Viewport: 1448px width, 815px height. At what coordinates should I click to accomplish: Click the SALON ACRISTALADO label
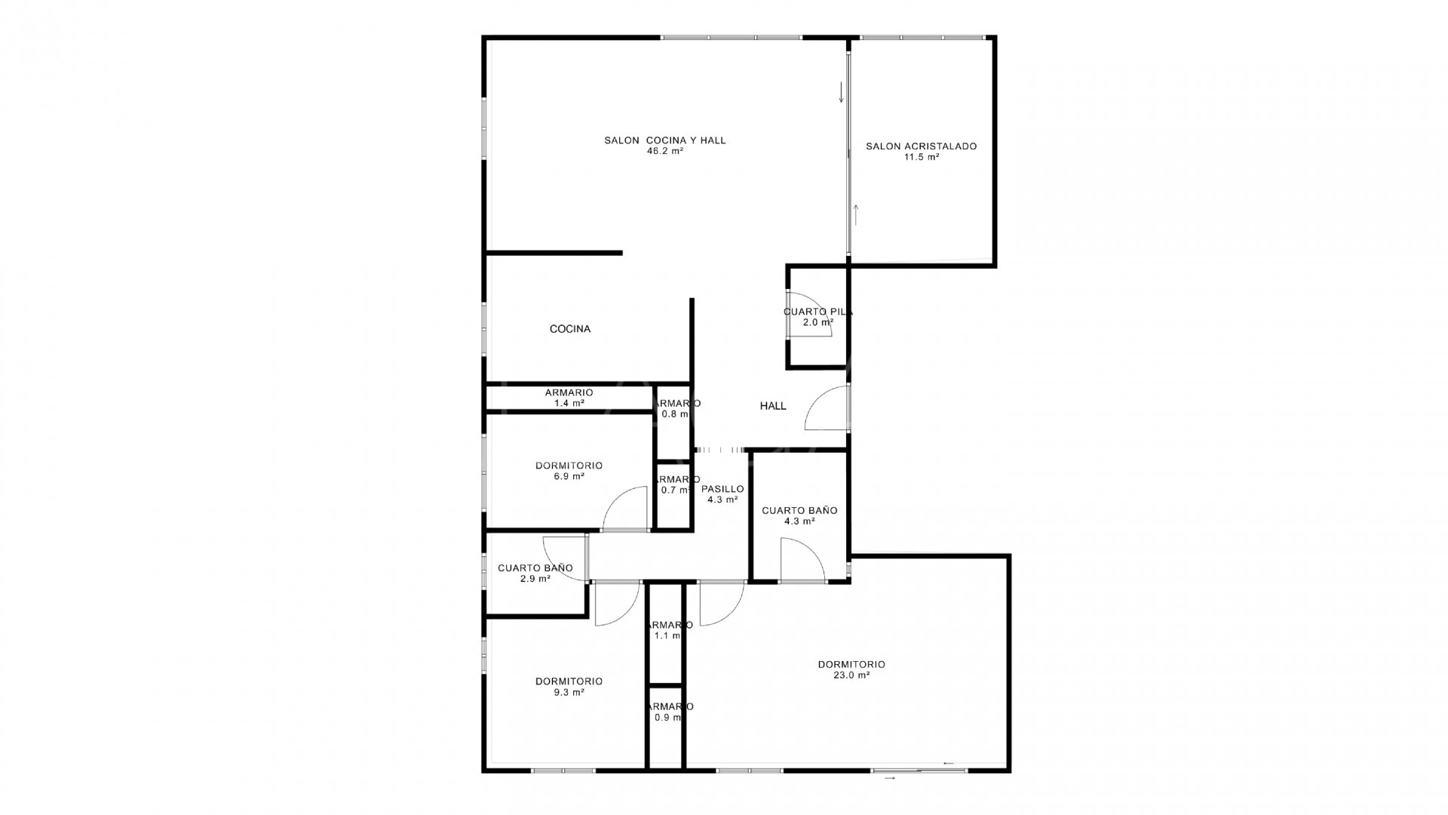click(x=921, y=146)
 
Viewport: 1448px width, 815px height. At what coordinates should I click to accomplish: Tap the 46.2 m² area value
click(x=664, y=151)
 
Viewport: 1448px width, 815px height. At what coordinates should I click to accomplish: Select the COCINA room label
click(x=569, y=329)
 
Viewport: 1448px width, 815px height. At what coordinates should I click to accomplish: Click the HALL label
click(x=772, y=406)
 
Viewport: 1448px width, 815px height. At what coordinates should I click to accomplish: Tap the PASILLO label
click(x=722, y=489)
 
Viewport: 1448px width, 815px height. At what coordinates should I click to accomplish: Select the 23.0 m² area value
click(x=851, y=676)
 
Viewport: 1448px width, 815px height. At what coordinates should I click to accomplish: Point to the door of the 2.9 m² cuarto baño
click(x=564, y=558)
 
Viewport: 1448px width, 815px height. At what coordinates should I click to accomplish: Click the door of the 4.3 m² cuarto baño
click(x=802, y=560)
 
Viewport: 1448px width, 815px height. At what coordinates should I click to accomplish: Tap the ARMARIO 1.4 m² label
click(x=569, y=398)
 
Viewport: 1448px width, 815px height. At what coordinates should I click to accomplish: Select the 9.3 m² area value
click(x=569, y=693)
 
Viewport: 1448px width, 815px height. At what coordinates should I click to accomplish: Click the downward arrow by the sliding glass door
click(x=841, y=92)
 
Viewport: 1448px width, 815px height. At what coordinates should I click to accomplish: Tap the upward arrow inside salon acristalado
click(x=856, y=214)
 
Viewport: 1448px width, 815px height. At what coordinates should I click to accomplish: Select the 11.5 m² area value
click(x=921, y=158)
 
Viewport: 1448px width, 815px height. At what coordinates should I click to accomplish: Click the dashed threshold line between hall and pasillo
click(x=720, y=451)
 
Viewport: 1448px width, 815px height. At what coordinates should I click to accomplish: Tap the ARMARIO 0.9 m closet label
click(x=668, y=712)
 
